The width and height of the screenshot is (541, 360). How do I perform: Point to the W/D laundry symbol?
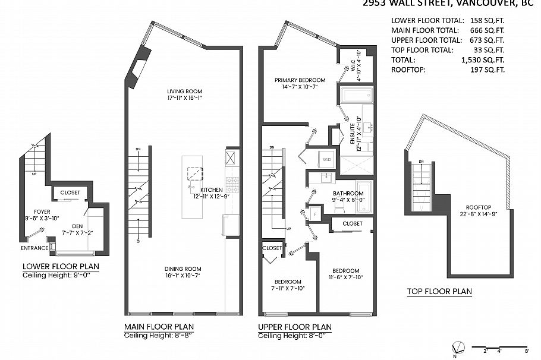point(326,159)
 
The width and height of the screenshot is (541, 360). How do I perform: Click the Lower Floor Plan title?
point(61,266)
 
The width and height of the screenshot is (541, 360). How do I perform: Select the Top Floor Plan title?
point(439,291)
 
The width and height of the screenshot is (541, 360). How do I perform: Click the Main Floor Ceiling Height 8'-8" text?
point(159,336)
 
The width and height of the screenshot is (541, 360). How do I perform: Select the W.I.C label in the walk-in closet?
point(355,67)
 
